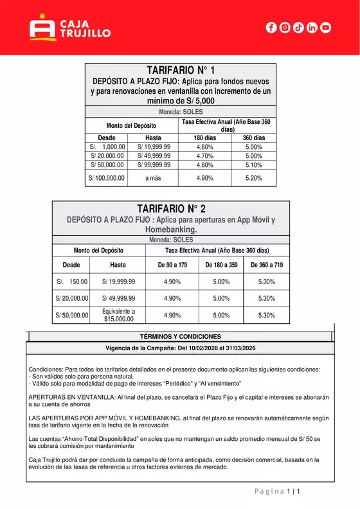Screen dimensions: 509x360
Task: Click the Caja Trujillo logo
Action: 70,28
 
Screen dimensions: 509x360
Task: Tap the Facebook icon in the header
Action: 271,28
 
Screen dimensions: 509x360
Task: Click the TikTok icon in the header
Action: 298,28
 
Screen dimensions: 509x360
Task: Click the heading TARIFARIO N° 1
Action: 181,69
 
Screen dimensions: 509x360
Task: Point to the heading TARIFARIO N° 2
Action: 171,208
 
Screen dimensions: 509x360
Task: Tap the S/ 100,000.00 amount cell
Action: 107,177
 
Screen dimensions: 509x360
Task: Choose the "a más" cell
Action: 153,177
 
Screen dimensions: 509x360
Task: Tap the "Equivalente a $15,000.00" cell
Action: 118,315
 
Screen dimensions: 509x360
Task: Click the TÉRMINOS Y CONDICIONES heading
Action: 180,337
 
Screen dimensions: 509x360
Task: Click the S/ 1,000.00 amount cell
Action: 107,147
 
